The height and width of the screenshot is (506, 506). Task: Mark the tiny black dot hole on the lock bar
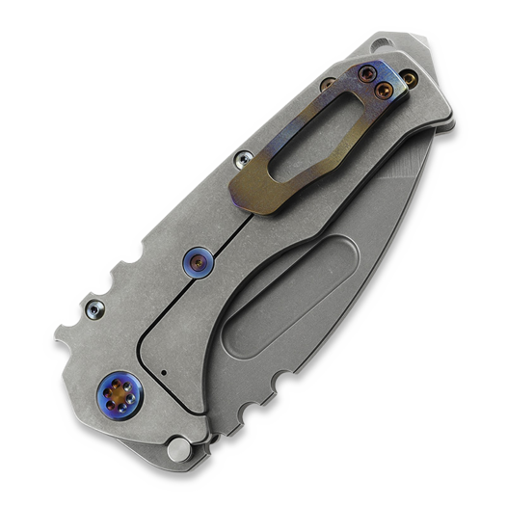[x=164, y=370]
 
